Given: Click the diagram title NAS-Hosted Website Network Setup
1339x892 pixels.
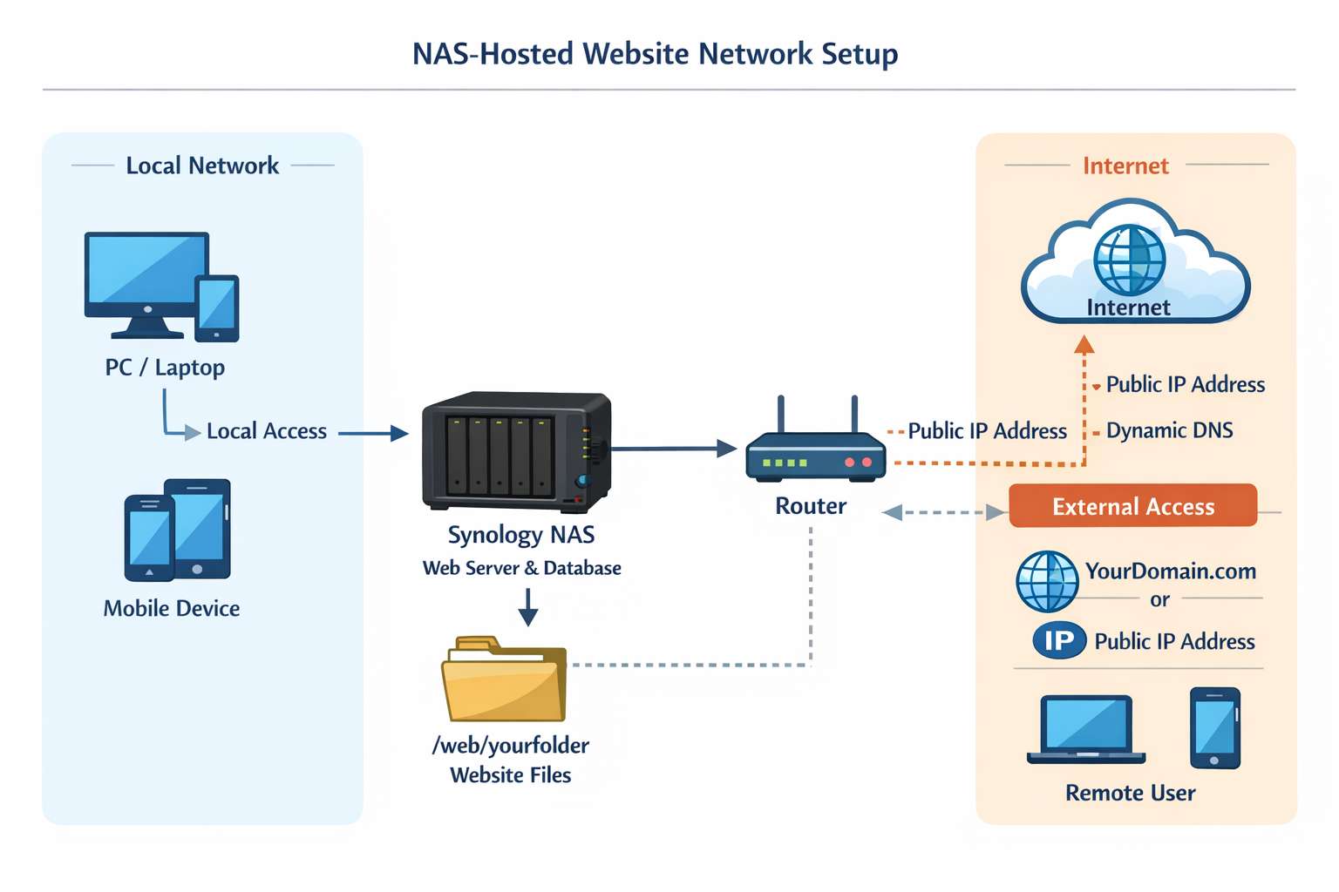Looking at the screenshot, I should [655, 54].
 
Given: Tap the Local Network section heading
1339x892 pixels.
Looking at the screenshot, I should [202, 166].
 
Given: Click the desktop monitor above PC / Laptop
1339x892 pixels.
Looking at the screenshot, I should [146, 277].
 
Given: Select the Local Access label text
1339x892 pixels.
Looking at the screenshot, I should [266, 431].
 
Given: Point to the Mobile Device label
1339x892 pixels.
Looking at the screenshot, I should [172, 608].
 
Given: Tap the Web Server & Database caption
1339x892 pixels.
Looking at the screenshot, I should [521, 568].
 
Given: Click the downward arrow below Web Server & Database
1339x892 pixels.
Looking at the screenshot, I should [527, 607].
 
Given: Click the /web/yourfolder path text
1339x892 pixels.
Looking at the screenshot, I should [511, 746].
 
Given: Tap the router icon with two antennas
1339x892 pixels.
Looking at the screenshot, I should [815, 452].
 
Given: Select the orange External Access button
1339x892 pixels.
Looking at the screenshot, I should [1132, 506].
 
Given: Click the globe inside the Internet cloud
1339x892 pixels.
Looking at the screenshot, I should [1130, 260].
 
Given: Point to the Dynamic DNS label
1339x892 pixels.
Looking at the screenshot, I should [1169, 430].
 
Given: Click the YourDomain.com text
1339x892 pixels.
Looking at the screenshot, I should [1170, 571].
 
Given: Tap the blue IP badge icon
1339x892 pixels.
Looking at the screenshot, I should [1059, 641].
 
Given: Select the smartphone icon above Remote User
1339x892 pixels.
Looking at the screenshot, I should [1214, 728].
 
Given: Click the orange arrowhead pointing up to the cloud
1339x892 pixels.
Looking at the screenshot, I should [1084, 345].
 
